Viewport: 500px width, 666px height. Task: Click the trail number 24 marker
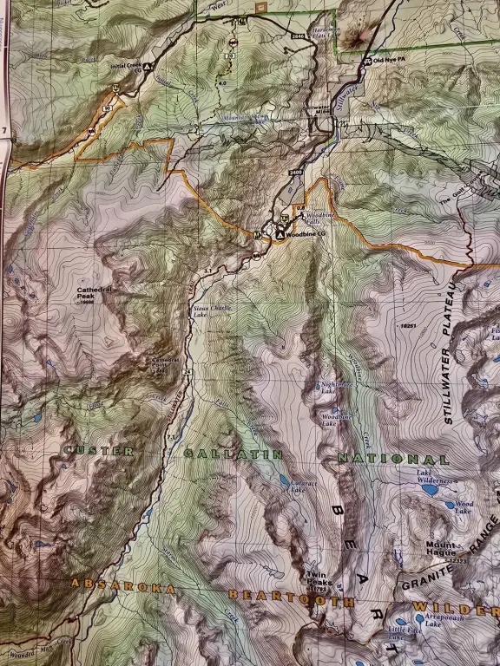(187, 372)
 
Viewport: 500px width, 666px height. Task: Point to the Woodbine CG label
(306, 234)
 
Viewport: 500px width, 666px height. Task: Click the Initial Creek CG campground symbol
(148, 67)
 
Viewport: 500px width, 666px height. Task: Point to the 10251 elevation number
(410, 326)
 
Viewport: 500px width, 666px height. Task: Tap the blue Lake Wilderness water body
(429, 490)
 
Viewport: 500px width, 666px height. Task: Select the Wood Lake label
(464, 504)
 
